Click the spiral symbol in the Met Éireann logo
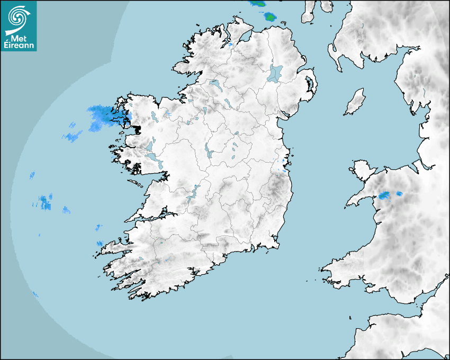[x=18, y=16]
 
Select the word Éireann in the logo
[x=19, y=45]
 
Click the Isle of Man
[x=355, y=102]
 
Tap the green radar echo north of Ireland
[x=271, y=16]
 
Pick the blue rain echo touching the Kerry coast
[x=100, y=243]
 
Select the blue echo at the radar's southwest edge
[x=35, y=294]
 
